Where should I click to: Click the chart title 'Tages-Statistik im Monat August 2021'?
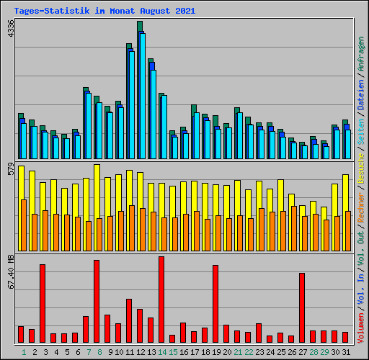coord(104,11)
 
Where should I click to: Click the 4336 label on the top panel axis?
coord(10,30)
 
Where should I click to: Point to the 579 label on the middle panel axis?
coord(10,170)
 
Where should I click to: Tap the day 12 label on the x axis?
coord(140,352)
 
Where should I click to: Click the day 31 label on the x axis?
coord(345,352)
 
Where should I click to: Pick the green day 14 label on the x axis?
coord(161,352)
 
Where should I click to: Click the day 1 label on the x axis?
coord(24,352)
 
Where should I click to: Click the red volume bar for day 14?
coord(161,300)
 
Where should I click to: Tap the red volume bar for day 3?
coord(43,303)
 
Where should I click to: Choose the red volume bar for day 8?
coord(97,301)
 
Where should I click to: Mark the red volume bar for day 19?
coord(215,304)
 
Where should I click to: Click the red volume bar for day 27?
coord(302,307)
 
